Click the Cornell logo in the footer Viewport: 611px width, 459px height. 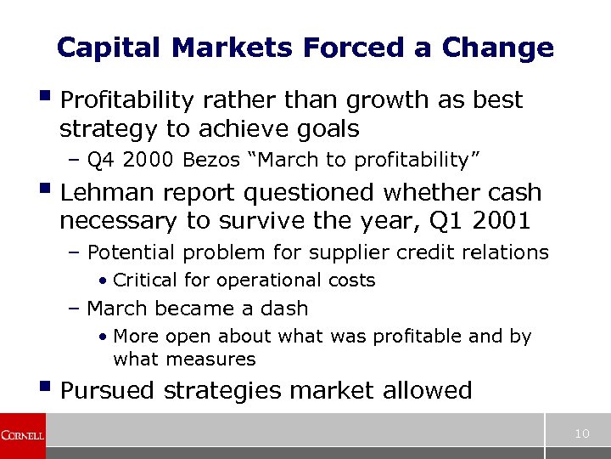click(22, 435)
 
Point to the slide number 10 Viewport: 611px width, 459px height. click(581, 434)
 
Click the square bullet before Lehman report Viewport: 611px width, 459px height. click(46, 191)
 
